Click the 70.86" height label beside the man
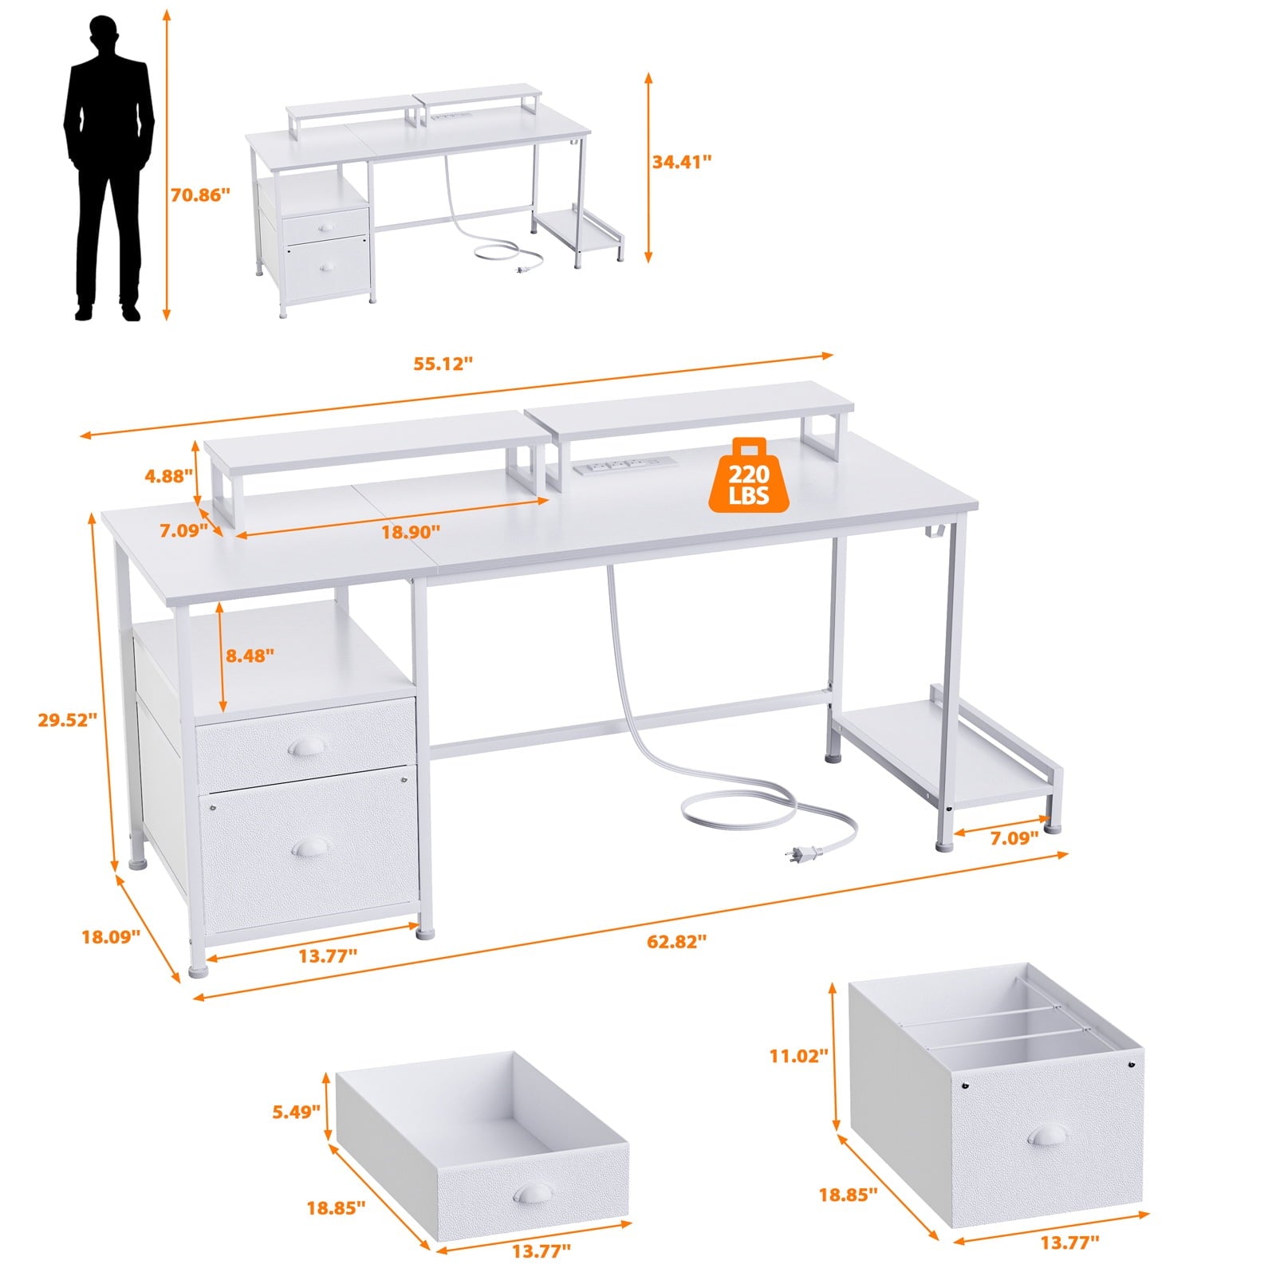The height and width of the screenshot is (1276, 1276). click(x=200, y=195)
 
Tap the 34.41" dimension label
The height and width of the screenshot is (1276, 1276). click(x=682, y=162)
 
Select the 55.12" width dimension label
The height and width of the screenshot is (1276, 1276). click(x=443, y=363)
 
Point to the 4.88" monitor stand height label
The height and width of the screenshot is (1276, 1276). click(x=169, y=476)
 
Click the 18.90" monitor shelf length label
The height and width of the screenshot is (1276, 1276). click(x=411, y=531)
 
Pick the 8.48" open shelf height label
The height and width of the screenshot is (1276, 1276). click(x=250, y=656)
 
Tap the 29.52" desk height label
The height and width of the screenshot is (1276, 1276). click(x=68, y=719)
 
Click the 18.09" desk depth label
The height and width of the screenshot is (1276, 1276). click(x=111, y=936)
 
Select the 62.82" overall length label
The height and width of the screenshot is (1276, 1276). click(x=677, y=941)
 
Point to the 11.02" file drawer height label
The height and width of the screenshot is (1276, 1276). click(x=799, y=1056)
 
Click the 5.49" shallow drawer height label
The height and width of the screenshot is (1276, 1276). click(x=297, y=1111)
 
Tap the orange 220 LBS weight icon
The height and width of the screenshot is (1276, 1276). click(x=748, y=476)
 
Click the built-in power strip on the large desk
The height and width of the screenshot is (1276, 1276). click(x=620, y=465)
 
